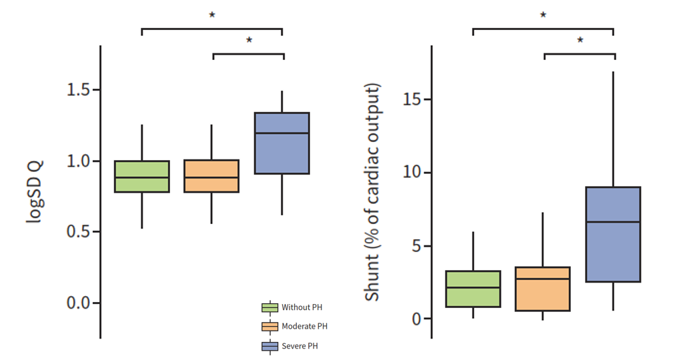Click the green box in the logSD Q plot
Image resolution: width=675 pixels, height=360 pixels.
click(142, 177)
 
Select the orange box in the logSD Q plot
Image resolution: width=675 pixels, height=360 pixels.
click(211, 177)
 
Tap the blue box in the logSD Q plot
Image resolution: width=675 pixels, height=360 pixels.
click(281, 143)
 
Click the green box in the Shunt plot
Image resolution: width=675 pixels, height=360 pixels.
click(473, 289)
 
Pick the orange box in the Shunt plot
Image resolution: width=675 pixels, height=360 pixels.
click(542, 289)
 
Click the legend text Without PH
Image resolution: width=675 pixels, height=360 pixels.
click(301, 307)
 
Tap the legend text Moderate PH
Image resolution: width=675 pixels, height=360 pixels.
click(304, 327)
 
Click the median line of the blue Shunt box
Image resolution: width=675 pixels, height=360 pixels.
click(612, 222)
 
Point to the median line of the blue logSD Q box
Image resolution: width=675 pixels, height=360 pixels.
click(281, 133)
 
